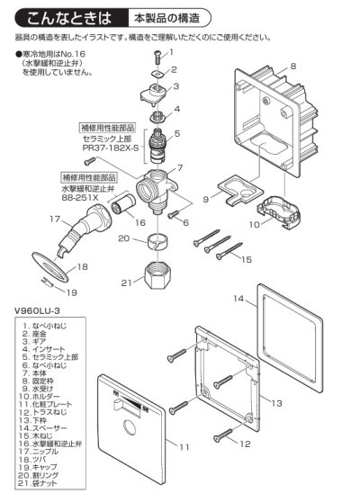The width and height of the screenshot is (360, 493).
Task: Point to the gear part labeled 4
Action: pos(157,113)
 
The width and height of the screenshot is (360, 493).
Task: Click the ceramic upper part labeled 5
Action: pos(159,143)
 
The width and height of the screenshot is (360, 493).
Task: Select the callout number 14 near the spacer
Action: pos(238,296)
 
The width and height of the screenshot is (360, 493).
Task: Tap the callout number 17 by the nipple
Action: pos(29,218)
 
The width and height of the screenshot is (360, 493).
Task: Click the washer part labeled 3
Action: pos(158,93)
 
